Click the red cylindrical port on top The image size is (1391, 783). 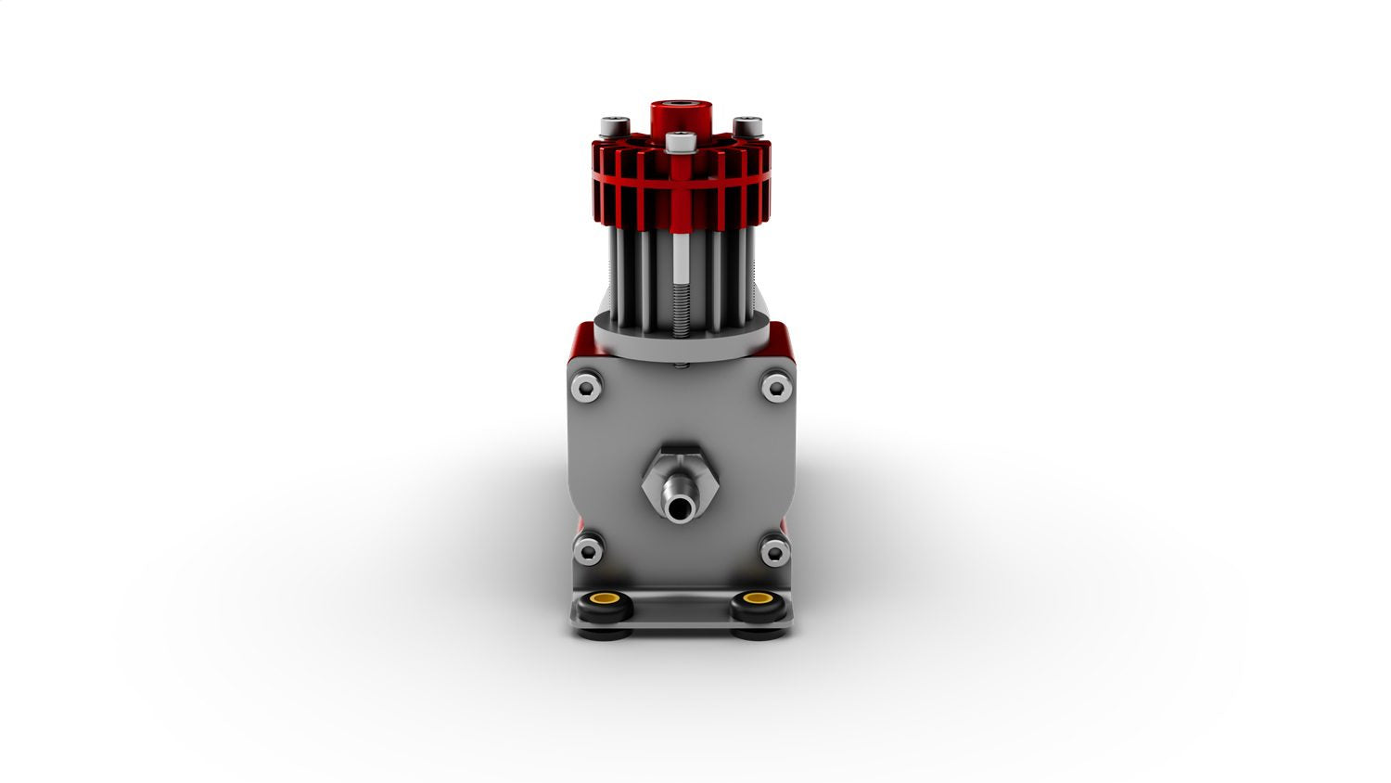681,115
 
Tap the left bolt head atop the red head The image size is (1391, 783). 614,126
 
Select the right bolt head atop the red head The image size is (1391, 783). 747,126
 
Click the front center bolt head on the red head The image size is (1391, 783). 681,143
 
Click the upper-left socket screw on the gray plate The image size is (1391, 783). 587,386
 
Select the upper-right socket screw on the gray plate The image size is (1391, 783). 776,386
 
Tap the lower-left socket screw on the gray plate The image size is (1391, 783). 587,552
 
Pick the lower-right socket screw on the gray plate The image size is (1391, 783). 774,552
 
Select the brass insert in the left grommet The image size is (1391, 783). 606,598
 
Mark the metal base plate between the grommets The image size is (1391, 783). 682,612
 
